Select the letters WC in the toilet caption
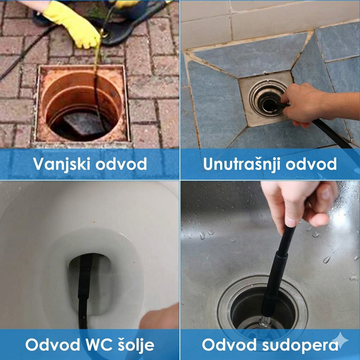pos(99,344)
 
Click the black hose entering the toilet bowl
pos(84,289)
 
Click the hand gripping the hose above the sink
pos(299,207)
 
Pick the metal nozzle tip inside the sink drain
pos(265,322)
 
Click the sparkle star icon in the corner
pos(340,340)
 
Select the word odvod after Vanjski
pos(121,164)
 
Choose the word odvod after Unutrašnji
pos(311,164)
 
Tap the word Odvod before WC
pos(53,344)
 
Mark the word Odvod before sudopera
pos(229,344)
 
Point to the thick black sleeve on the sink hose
pos(274,282)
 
